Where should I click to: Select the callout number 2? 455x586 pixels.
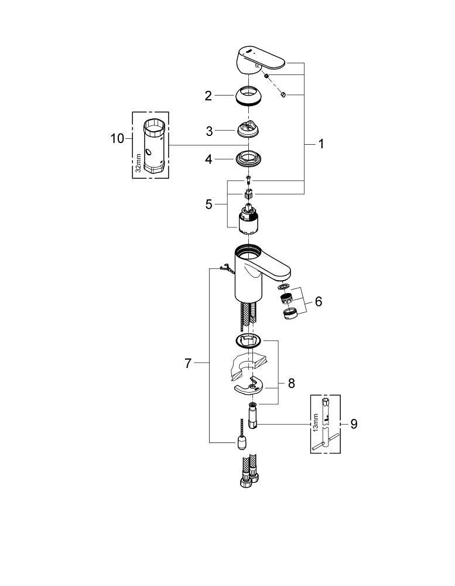(208, 96)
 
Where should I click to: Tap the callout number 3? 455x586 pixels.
(208, 131)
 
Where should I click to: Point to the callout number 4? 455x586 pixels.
(208, 159)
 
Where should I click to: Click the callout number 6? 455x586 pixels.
(318, 302)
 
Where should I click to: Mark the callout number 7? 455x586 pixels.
(188, 364)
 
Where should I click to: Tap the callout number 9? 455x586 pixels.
(354, 424)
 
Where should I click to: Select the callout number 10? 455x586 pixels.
(117, 138)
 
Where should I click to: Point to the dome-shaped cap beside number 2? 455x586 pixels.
(248, 96)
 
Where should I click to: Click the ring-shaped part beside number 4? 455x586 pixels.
(248, 158)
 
